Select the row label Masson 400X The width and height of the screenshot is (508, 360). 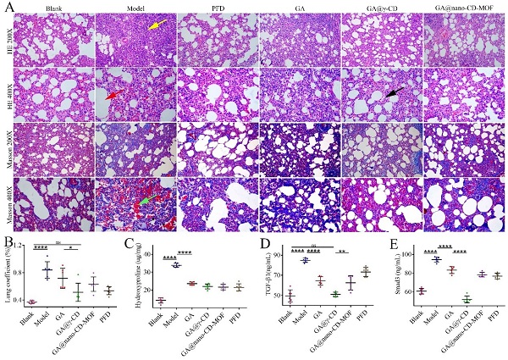tap(9, 202)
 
